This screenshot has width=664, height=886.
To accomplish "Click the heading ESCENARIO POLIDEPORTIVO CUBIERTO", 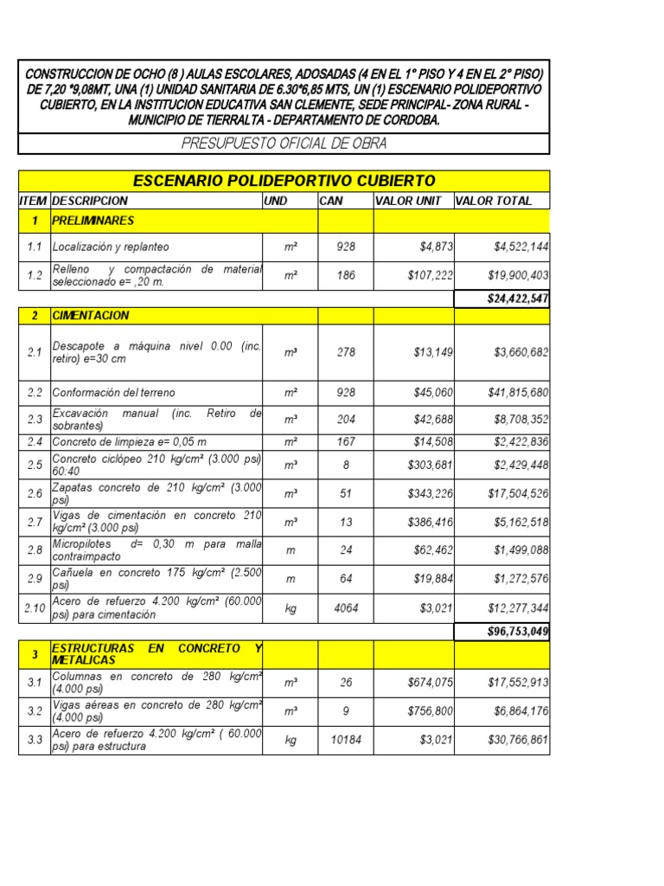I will pos(284,180).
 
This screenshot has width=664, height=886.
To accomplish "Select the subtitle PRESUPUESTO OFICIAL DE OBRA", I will pos(284,143).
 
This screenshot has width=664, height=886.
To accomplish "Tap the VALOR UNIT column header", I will pos(408,201).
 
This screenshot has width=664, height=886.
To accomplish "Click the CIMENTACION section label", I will pos(91,316).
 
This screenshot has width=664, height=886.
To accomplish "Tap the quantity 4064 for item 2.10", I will pos(346,608).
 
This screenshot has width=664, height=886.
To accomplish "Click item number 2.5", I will pos(35,465).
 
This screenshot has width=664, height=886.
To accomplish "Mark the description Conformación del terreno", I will pos(113,392).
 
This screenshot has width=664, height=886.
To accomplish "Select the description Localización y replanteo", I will pos(111,247).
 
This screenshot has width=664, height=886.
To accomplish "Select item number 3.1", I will pos(35,683).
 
